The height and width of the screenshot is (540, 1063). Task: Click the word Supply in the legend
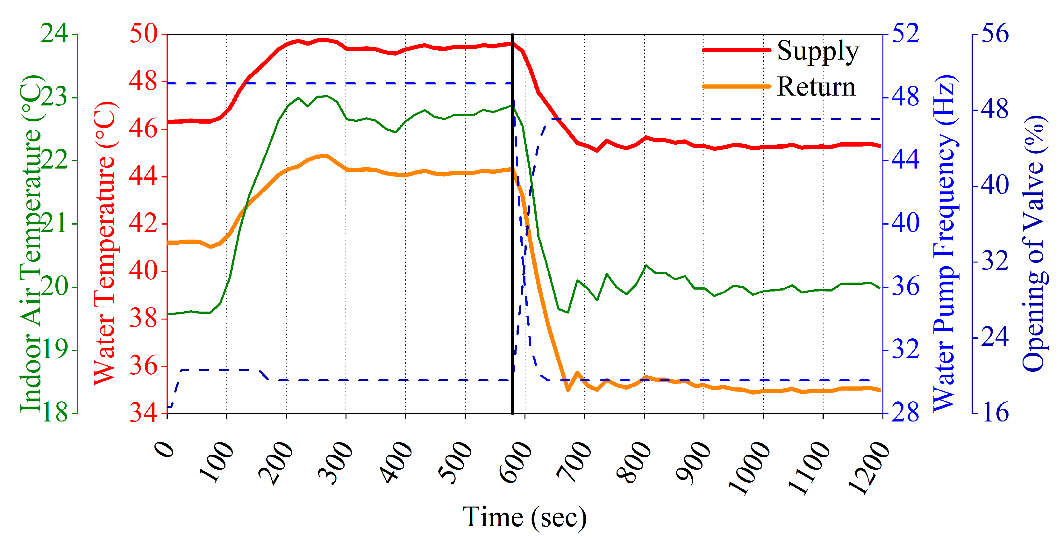(x=817, y=51)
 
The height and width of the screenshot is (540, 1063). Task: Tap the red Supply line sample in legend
(x=736, y=50)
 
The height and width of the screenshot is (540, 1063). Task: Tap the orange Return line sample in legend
(x=736, y=86)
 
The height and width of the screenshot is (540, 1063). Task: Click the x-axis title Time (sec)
(x=524, y=517)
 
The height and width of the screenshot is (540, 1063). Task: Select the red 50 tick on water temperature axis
(x=144, y=34)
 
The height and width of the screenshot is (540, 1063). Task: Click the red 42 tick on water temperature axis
(x=144, y=223)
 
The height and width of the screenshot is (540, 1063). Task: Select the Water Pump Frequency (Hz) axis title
(x=945, y=244)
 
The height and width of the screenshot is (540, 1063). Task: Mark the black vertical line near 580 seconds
(x=512, y=248)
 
